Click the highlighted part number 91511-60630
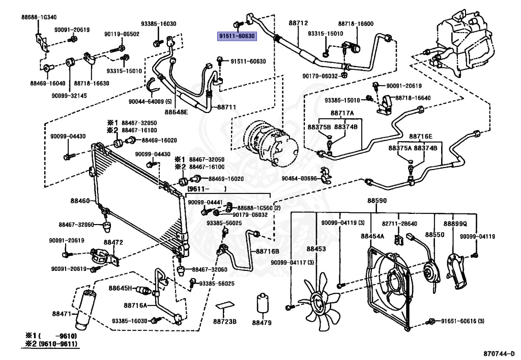click(237, 36)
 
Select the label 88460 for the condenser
click(80, 201)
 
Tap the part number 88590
click(377, 201)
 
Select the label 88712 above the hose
click(298, 23)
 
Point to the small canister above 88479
click(263, 303)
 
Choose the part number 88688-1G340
click(39, 17)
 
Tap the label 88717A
click(342, 114)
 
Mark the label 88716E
click(421, 136)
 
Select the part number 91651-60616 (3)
click(462, 321)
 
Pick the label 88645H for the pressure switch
click(120, 288)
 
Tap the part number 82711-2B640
click(399, 224)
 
